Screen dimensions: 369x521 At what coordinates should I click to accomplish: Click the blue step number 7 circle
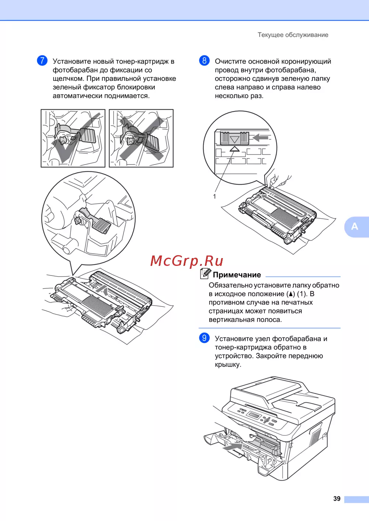(x=42, y=60)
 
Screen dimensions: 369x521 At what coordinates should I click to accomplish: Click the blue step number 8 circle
(x=204, y=60)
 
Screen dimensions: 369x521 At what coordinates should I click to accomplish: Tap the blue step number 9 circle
(x=204, y=338)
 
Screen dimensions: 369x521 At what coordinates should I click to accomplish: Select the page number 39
(x=337, y=499)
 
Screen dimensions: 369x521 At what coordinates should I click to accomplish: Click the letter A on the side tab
(x=355, y=226)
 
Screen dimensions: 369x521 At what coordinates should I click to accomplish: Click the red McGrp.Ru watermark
(x=187, y=261)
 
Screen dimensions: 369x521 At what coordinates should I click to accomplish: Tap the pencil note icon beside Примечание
(x=206, y=274)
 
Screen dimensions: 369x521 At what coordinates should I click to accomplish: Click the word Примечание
(x=237, y=275)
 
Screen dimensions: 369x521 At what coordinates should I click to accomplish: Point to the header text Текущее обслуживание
(x=293, y=35)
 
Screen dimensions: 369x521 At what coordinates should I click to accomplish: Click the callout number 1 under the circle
(x=214, y=197)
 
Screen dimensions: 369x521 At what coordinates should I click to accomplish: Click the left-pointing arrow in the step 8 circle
(x=260, y=138)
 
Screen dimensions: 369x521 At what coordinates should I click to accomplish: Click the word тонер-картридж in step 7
(x=142, y=62)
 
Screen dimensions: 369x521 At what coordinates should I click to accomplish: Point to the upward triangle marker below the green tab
(x=234, y=149)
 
